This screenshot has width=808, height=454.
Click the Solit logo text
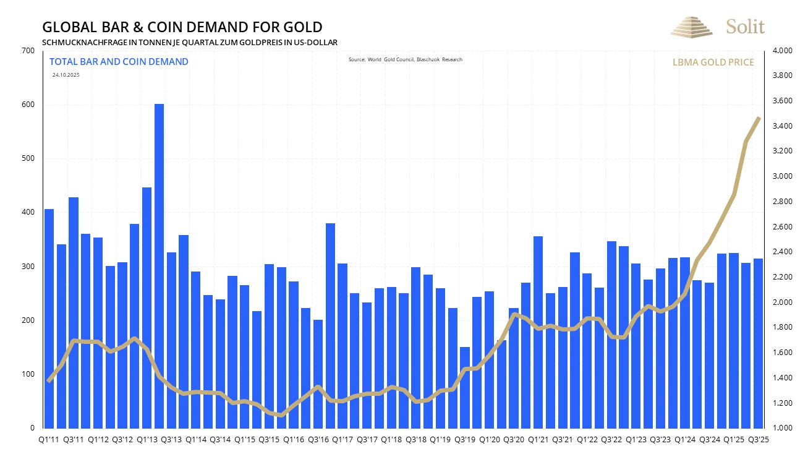pyautogui.click(x=745, y=27)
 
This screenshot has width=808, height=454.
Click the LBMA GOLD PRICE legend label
pyautogui.click(x=713, y=62)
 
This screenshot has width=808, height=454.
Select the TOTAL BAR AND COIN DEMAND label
pyautogui.click(x=119, y=62)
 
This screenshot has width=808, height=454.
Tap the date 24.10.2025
pyautogui.click(x=66, y=75)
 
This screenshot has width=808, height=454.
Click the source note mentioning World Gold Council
pyautogui.click(x=405, y=59)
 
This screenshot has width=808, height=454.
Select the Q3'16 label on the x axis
pyautogui.click(x=318, y=439)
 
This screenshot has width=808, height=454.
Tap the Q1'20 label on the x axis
pyautogui.click(x=489, y=439)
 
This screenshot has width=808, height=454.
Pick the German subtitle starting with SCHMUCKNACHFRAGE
pyautogui.click(x=189, y=42)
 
